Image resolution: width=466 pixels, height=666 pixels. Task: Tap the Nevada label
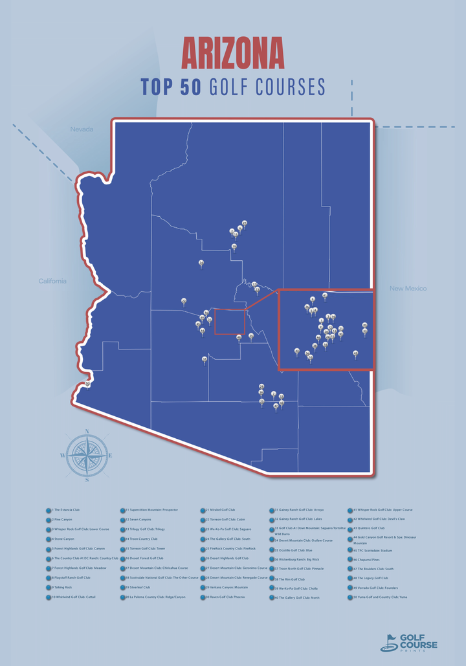82,129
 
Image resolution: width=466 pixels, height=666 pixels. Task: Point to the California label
52,281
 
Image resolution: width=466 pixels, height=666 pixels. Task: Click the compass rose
87,456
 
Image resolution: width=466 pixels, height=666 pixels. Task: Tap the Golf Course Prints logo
408,642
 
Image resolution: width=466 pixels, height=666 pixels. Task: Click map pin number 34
201,263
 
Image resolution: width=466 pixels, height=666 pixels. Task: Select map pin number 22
184,301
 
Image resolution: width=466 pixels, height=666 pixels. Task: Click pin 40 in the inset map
297,351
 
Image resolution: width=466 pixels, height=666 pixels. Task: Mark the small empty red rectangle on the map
230,322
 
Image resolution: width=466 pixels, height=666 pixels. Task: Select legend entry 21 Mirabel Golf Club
219,510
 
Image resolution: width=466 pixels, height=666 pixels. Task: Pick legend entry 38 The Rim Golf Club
289,579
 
